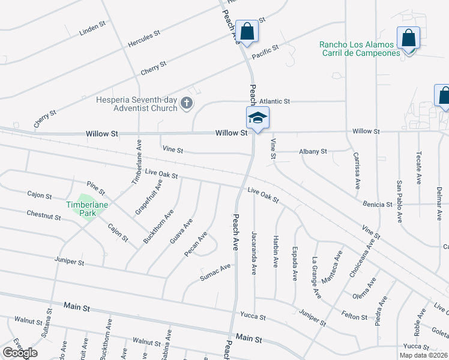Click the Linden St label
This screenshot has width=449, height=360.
click(92, 28)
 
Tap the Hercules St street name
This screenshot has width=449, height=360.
click(144, 39)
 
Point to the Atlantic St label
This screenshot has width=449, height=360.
click(274, 101)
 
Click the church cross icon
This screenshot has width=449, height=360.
click(186, 104)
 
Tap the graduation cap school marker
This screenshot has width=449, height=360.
click(258, 117)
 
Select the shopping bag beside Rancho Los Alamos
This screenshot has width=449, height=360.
click(408, 38)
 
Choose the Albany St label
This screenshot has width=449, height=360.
click(313, 152)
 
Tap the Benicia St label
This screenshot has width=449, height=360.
click(378, 205)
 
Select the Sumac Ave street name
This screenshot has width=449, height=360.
click(215, 272)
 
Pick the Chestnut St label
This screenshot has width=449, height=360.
click(43, 214)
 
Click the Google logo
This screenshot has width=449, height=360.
click(20, 353)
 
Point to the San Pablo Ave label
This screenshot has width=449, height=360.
click(399, 201)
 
